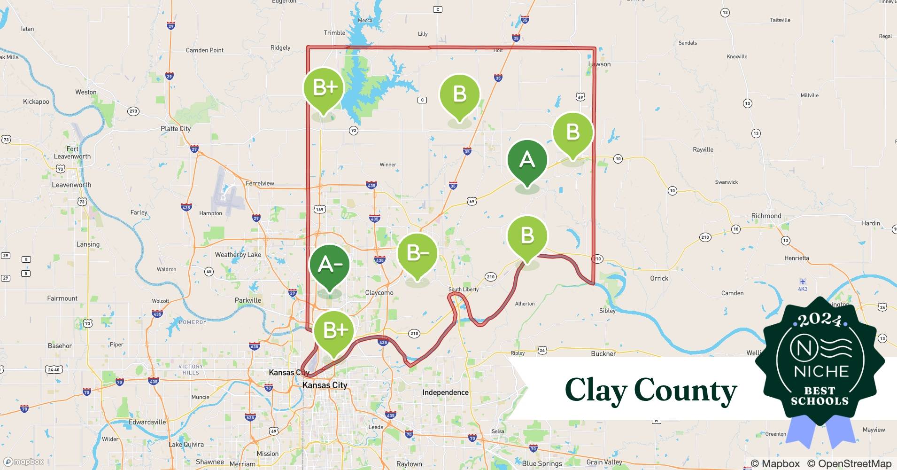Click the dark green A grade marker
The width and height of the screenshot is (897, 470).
click(527, 160)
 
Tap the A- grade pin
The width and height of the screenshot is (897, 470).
click(329, 265)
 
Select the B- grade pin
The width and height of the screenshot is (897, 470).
click(417, 254)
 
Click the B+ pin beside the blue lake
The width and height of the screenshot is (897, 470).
click(324, 88)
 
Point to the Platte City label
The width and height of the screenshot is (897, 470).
click(176, 129)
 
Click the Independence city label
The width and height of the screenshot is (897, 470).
click(445, 392)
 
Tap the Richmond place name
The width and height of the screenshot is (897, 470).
click(766, 216)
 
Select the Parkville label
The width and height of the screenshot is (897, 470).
click(247, 300)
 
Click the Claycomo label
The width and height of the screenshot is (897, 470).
click(379, 292)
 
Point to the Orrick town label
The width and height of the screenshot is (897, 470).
click(659, 278)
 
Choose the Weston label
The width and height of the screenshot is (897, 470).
click(86, 92)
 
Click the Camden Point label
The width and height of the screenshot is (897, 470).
click(204, 50)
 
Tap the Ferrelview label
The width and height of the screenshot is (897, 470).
click(260, 183)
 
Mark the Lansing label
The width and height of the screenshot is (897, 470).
click(88, 244)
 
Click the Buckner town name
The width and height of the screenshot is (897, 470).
click(603, 353)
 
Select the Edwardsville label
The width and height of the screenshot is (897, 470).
click(147, 422)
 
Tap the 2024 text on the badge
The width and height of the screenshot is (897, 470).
click(820, 321)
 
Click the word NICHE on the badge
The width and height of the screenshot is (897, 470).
click(821, 371)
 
